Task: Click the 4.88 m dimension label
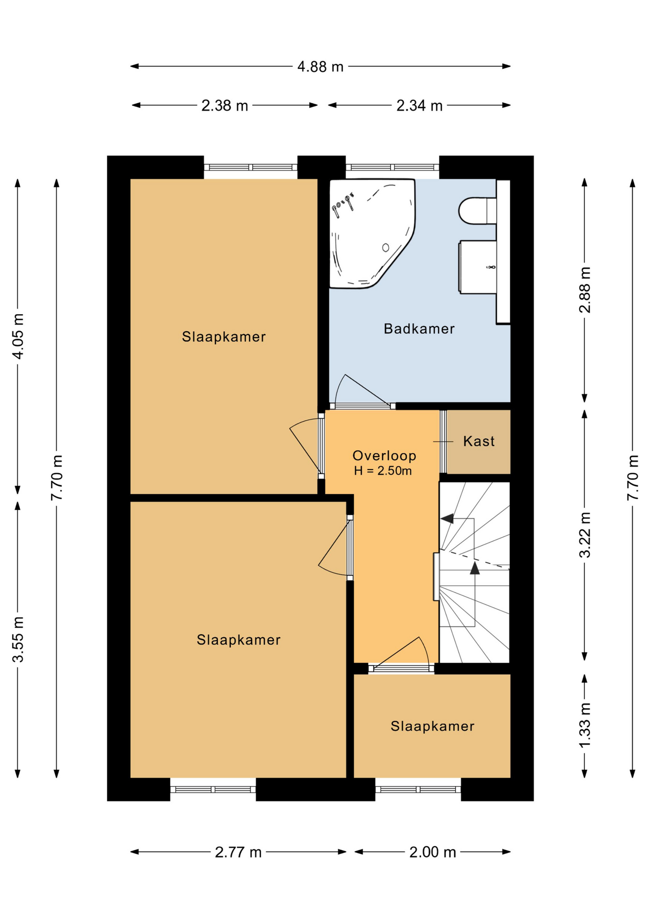[x=320, y=66]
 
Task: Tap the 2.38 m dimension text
[x=224, y=105]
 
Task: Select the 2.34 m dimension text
[x=419, y=105]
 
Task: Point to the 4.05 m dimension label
[x=18, y=336]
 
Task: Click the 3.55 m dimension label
[x=18, y=640]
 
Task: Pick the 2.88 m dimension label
[x=585, y=290]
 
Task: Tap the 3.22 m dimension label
[x=585, y=535]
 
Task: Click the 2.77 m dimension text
[x=238, y=852]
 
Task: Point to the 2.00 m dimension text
[x=433, y=852]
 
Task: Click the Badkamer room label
[x=419, y=329]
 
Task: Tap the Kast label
[x=479, y=441]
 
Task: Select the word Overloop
[x=384, y=456]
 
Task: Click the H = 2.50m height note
[x=383, y=471]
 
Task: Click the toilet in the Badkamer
[x=478, y=211]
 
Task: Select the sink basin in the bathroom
[x=478, y=267]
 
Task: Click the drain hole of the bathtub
[x=385, y=248]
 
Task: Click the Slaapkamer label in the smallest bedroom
[x=433, y=726]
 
